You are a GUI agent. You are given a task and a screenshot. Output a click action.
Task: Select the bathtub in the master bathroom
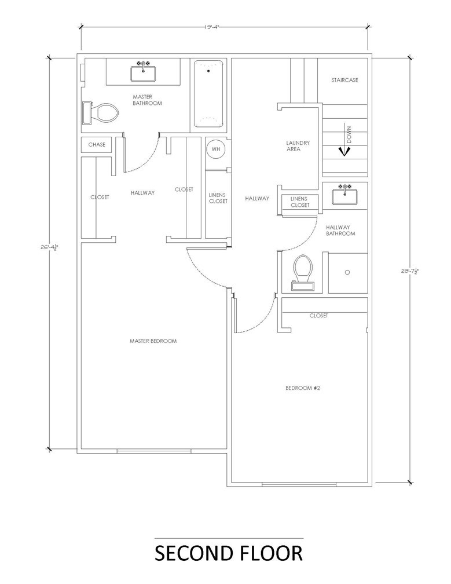tap(208, 94)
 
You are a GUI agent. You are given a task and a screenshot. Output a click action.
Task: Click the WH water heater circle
tap(216, 149)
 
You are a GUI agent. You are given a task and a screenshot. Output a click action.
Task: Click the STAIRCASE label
tap(344, 80)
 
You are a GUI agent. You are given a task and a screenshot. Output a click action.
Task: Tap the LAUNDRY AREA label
tap(298, 146)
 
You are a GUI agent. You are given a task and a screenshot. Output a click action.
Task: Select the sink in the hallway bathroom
tap(345, 195)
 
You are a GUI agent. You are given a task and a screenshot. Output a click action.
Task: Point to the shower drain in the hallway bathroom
tap(347, 272)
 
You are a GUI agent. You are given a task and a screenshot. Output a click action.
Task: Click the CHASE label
tap(97, 144)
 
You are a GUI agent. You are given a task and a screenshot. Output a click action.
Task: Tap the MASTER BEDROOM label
tap(153, 341)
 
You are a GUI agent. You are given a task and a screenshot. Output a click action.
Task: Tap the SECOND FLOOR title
tap(228, 553)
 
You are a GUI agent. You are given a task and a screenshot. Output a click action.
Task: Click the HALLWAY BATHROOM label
tap(340, 231)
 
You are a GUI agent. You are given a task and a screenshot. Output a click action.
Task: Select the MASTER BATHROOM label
tap(147, 100)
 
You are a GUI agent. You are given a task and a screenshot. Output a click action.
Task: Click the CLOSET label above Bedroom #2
tap(318, 316)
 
